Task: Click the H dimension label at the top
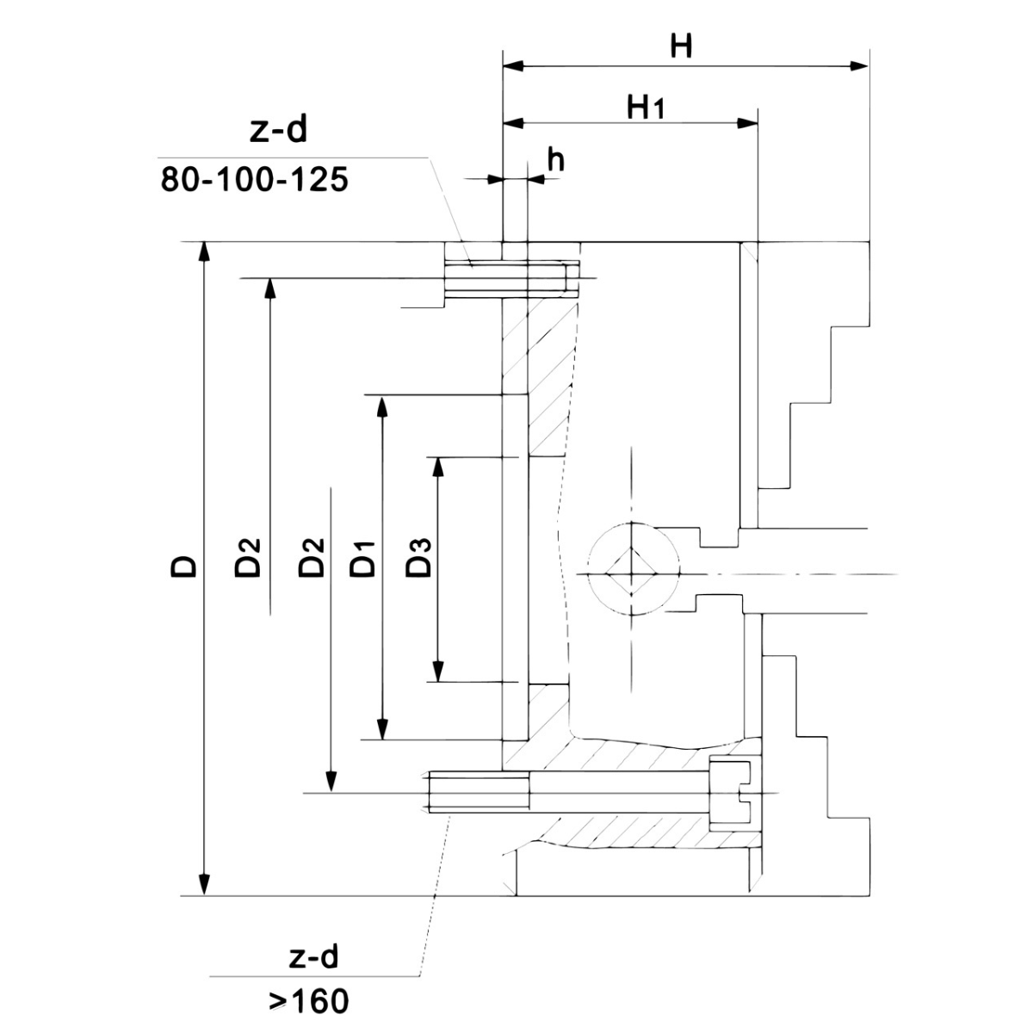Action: [681, 46]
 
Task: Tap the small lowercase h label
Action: [557, 161]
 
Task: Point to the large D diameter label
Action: [183, 565]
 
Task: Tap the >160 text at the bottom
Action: [307, 1001]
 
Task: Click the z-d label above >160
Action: [311, 956]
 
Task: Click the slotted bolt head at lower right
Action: [730, 793]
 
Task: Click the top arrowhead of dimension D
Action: [204, 251]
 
